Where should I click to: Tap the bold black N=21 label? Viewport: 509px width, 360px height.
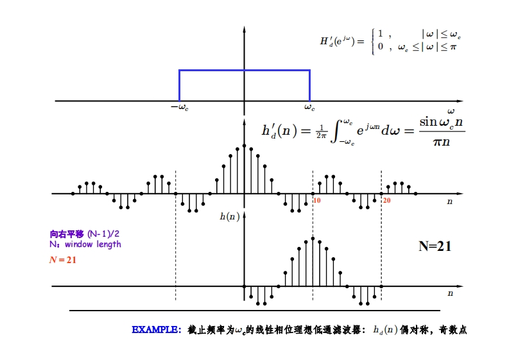(x=435, y=246)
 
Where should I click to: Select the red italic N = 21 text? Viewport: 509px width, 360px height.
(x=63, y=260)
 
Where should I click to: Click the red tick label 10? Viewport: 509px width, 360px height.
(x=316, y=201)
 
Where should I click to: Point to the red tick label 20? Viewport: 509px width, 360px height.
(x=386, y=201)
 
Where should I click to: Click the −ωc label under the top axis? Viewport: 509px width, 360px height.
(x=179, y=108)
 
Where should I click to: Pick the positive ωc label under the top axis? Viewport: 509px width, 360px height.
(x=309, y=108)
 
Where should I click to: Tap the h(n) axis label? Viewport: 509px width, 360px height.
(x=229, y=217)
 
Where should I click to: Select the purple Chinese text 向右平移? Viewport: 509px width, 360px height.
(x=67, y=234)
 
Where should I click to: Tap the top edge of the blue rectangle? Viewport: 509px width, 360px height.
(x=245, y=70)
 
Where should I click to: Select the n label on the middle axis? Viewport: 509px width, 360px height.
(x=450, y=201)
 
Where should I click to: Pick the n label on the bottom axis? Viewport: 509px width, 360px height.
(x=450, y=293)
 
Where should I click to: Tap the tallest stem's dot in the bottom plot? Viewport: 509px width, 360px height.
(x=313, y=238)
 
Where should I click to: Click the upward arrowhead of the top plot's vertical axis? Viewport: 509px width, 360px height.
(x=245, y=30)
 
